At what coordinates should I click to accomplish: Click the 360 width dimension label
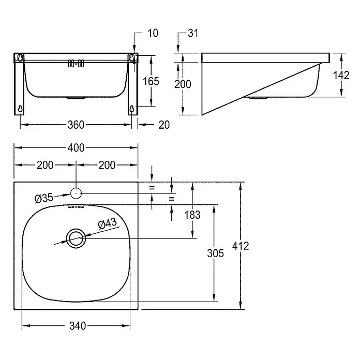76,125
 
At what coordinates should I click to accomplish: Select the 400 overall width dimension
76,148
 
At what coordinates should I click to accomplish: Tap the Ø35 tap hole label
44,198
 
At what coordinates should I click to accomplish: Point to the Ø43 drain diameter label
107,223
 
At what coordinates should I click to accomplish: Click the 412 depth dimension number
241,246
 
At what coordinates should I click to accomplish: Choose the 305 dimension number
215,253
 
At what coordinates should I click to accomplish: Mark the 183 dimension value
192,215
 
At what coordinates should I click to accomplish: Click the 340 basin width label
78,326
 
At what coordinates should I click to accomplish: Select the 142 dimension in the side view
341,76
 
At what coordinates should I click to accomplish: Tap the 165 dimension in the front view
151,81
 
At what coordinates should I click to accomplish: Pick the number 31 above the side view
193,33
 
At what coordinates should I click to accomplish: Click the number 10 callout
153,33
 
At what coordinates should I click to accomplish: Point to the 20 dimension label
164,125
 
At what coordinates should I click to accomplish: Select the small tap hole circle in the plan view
76,188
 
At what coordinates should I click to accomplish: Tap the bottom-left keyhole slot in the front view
20,109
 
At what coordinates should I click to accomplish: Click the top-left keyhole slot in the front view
20,57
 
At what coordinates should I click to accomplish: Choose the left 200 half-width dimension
45,165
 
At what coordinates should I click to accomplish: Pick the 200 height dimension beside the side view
183,84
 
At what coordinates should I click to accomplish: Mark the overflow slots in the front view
76,64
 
